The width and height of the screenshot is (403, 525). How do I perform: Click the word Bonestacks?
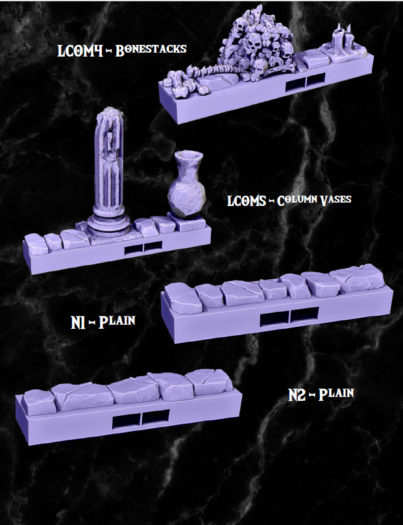tap(151, 50)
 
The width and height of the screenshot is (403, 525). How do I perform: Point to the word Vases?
tap(335, 199)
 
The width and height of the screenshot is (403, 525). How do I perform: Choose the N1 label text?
tap(79, 322)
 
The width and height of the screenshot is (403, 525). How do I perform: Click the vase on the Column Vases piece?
tap(186, 188)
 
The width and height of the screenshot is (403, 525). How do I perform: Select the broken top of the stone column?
tap(110, 118)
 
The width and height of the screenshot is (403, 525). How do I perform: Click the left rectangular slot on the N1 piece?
tap(273, 318)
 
